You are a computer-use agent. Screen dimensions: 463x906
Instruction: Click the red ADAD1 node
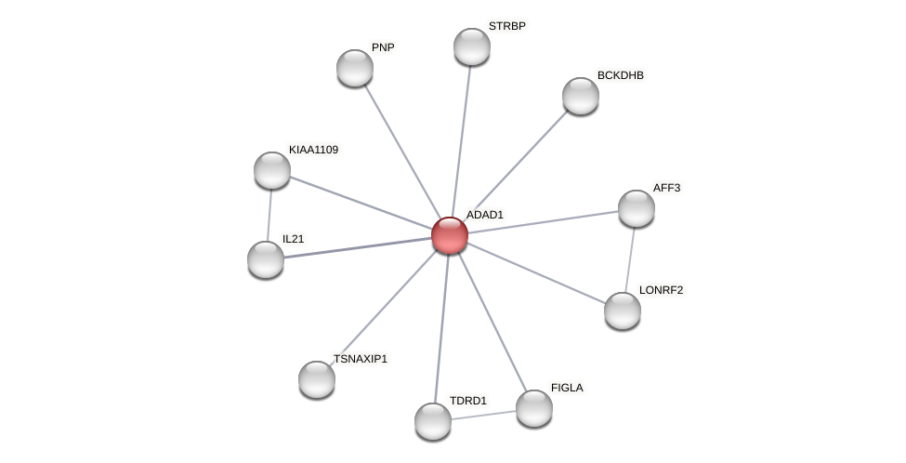click(x=450, y=235)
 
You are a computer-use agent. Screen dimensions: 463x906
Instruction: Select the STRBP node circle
click(x=472, y=46)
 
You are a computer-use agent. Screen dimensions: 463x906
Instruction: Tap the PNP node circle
click(x=355, y=68)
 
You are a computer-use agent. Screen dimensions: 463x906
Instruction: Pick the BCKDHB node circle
click(x=581, y=96)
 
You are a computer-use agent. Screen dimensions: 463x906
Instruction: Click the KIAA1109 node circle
click(x=272, y=170)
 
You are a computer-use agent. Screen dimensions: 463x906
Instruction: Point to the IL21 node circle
click(x=266, y=259)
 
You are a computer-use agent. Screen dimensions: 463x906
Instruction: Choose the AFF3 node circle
click(x=637, y=208)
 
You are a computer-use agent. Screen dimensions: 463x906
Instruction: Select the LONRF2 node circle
click(x=623, y=311)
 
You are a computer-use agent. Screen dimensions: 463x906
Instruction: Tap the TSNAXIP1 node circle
click(x=317, y=379)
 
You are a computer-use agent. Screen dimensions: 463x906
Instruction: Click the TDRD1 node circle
click(x=433, y=421)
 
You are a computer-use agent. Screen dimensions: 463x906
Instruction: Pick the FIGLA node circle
click(x=534, y=408)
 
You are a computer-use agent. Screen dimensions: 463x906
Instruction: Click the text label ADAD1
click(x=484, y=215)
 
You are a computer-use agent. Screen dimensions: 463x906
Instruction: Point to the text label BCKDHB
click(x=620, y=75)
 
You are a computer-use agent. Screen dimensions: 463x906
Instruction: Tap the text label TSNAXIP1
click(x=361, y=359)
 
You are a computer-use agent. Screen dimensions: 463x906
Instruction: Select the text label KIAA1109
click(x=313, y=150)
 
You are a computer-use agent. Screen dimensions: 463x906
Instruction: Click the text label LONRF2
click(x=661, y=290)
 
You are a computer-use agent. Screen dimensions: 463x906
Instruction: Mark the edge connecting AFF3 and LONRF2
click(x=630, y=259)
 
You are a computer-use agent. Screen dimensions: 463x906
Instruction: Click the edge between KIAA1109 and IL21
click(x=269, y=215)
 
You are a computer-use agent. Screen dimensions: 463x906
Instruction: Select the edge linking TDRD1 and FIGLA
click(x=483, y=415)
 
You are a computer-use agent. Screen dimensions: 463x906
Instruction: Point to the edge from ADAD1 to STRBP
click(x=461, y=139)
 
